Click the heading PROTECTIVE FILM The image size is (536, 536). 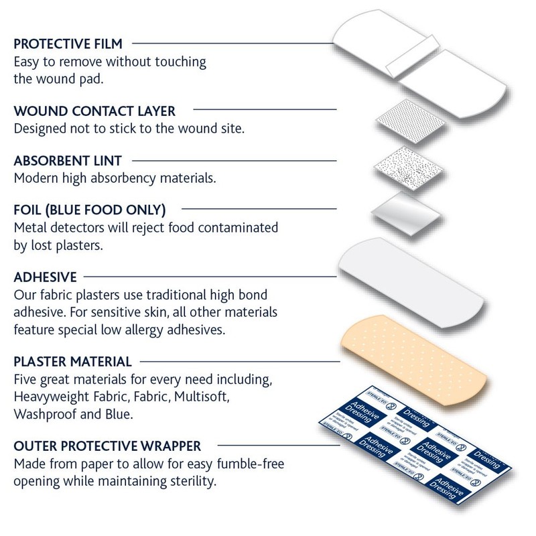68,44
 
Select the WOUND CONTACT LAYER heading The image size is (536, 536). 94,111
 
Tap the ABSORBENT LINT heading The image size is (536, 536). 68,161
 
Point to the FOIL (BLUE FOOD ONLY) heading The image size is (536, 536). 90,210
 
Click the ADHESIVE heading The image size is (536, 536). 46,277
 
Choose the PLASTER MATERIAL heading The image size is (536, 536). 72,362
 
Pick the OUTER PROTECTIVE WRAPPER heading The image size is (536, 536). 107,446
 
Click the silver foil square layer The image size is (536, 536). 406,216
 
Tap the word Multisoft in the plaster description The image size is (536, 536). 200,397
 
